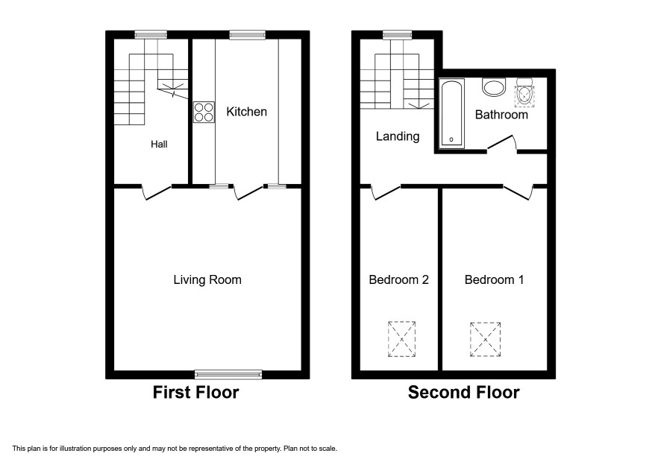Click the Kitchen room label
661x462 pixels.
coord(247,112)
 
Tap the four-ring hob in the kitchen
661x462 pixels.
coord(204,112)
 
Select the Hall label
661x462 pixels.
coord(160,145)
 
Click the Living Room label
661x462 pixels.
coord(207,280)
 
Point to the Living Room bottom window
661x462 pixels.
coord(228,374)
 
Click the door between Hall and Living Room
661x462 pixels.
coord(157,192)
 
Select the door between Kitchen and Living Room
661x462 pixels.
coord(248,192)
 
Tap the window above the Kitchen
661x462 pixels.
coord(248,35)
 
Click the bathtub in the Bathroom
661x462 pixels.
coord(451,114)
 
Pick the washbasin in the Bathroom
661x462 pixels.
coord(494,87)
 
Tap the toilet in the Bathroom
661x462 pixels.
coord(524,92)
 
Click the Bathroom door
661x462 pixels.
coord(502,143)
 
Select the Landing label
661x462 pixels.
coord(398,136)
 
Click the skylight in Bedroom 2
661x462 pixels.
coord(401,339)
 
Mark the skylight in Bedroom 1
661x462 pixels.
coord(485,340)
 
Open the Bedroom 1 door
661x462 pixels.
coord(518,192)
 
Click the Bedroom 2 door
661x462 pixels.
coord(386,192)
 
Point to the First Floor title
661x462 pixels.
coord(195,393)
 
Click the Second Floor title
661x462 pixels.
coord(464,393)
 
